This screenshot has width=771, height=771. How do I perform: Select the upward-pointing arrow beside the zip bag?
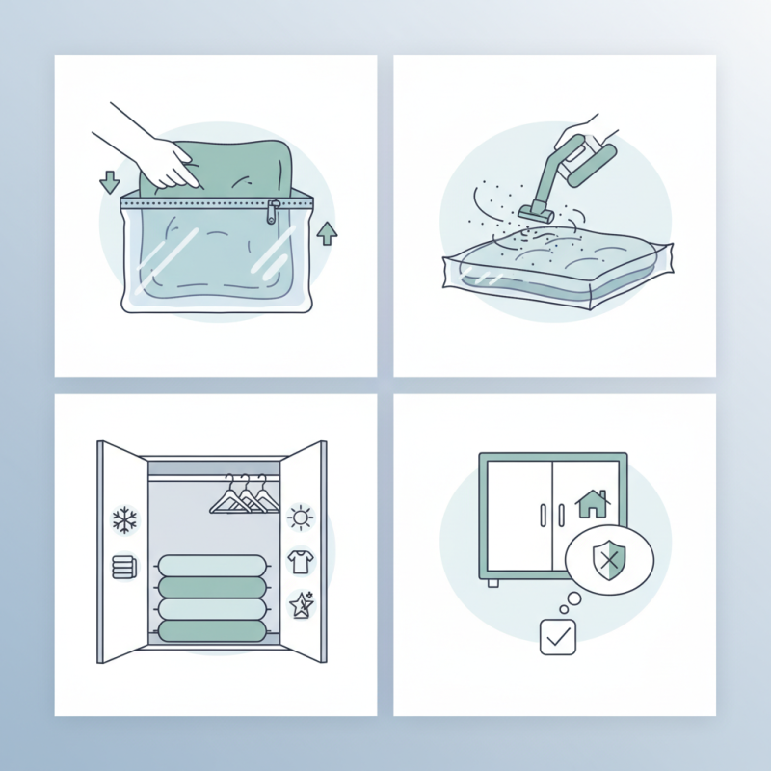tap(328, 232)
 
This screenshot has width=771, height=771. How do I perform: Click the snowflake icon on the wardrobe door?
tap(124, 521)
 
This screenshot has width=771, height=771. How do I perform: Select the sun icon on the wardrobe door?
tap(301, 518)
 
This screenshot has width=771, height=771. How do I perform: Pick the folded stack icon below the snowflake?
tap(122, 566)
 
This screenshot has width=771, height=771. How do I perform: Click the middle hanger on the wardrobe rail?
tap(247, 497)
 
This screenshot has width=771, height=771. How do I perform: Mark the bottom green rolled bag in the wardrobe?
tap(211, 631)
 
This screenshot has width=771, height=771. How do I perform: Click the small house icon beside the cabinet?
tap(591, 503)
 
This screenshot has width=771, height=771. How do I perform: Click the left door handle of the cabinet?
tap(544, 516)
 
